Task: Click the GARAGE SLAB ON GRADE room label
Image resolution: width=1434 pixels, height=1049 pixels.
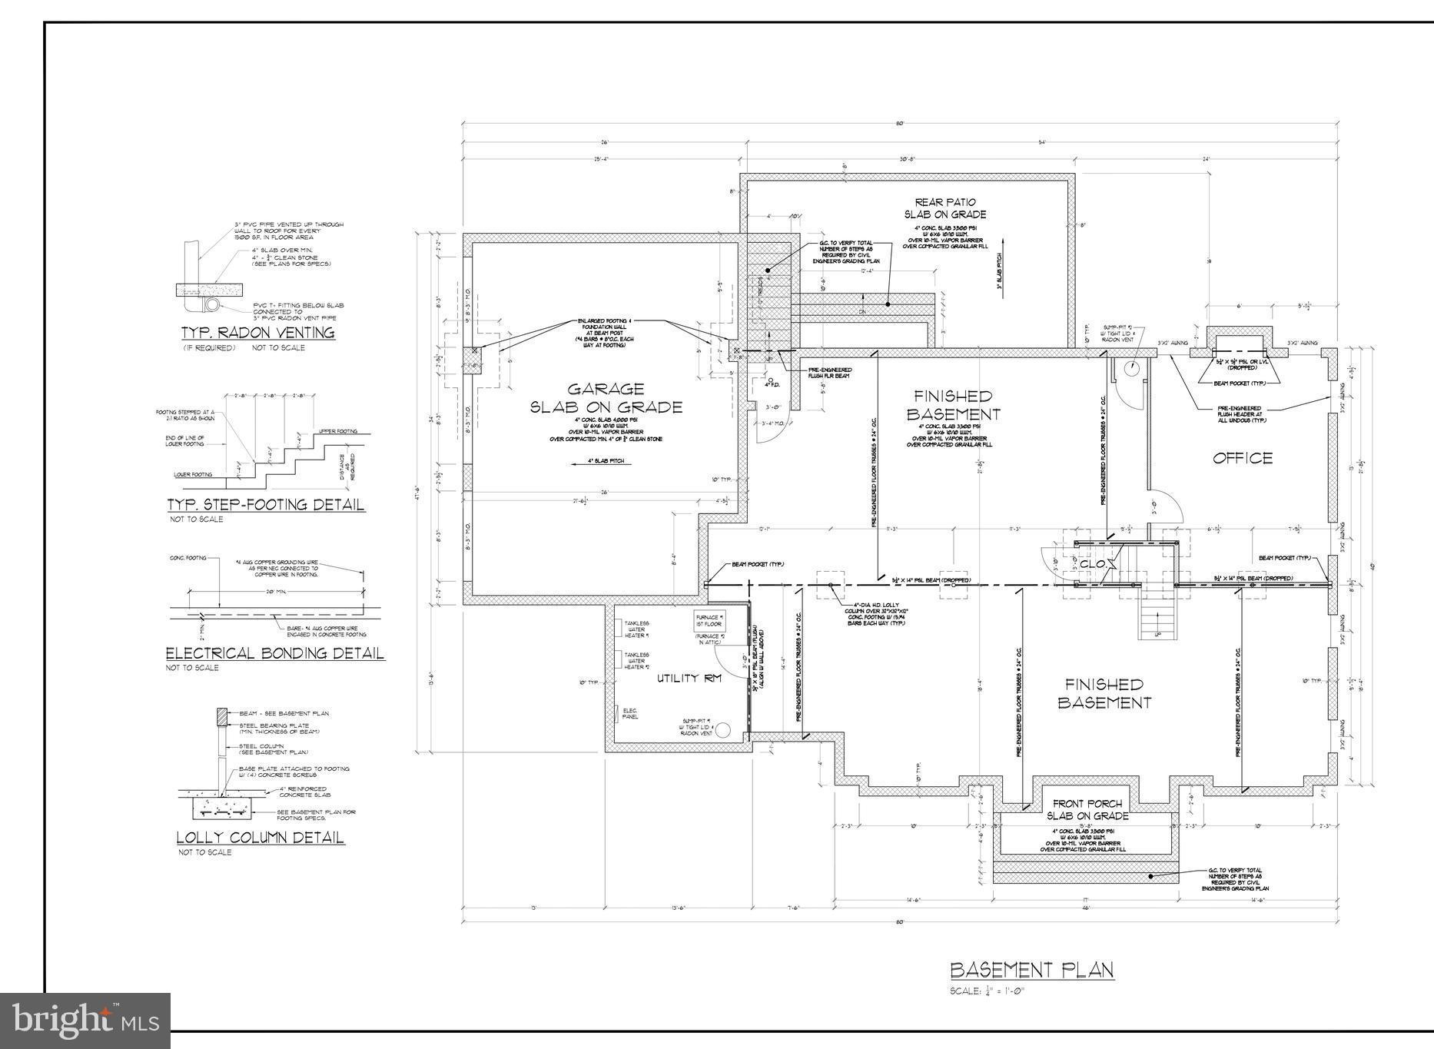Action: [x=606, y=398]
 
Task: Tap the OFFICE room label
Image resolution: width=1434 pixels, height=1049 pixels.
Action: [x=1243, y=459]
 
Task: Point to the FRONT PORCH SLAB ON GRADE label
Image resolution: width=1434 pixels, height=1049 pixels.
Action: [x=1087, y=809]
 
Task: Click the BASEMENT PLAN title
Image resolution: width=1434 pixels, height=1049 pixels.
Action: [x=1031, y=970]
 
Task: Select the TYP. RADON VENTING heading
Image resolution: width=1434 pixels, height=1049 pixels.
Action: [x=257, y=333]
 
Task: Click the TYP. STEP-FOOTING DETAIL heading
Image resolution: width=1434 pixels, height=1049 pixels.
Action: [x=265, y=505]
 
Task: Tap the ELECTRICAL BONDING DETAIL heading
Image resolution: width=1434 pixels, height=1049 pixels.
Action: [x=274, y=653]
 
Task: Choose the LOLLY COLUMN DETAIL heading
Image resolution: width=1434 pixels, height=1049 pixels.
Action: [x=260, y=838]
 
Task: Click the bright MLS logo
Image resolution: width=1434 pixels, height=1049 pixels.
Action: [x=85, y=1020]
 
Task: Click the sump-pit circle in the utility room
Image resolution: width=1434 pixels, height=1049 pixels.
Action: [x=722, y=728]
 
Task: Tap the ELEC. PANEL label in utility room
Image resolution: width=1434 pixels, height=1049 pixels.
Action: [x=629, y=713]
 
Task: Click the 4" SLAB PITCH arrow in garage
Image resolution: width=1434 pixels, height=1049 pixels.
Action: [x=596, y=462]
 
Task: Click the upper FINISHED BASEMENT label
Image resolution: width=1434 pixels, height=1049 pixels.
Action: [x=953, y=405]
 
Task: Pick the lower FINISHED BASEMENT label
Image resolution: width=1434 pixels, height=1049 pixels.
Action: [x=1104, y=693]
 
